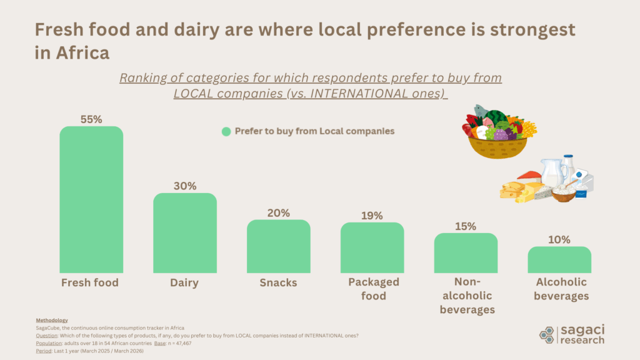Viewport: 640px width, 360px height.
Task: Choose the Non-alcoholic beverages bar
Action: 466,252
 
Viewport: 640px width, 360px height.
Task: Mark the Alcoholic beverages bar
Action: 559,259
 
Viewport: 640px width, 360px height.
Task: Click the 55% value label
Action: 91,119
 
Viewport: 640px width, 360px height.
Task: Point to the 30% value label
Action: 185,186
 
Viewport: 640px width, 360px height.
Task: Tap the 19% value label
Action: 372,215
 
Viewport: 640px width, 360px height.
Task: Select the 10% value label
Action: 559,239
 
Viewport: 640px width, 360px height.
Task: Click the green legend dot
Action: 226,131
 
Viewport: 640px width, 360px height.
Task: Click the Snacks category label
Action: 278,282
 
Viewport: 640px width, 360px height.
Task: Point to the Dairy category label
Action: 184,282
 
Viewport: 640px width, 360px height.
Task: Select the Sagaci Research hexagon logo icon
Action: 547,335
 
